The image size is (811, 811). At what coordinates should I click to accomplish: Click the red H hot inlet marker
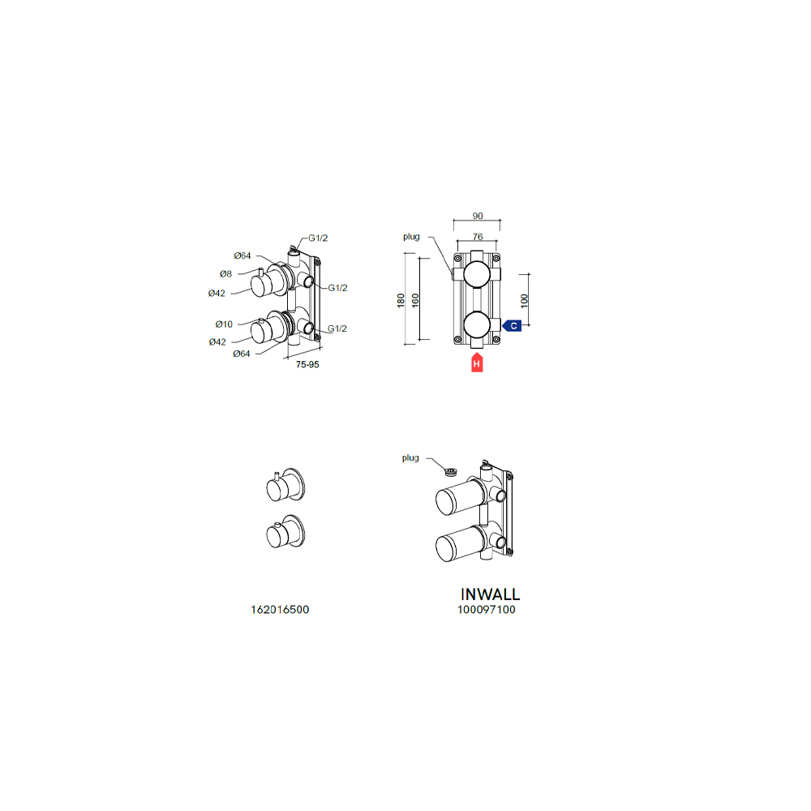pos(477,363)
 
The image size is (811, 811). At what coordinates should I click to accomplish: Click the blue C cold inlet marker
pos(512,326)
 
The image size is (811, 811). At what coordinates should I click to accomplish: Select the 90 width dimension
pos(478,216)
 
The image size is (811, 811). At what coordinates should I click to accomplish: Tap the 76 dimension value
pos(478,236)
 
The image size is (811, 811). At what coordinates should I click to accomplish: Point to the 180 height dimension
pos(401,301)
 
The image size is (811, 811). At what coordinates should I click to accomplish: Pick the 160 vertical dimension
pos(415,301)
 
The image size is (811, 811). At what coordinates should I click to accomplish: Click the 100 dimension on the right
pos(525,301)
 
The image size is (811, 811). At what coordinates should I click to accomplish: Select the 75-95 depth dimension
pos(307,365)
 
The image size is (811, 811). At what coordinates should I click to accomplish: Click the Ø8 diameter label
pos(225,273)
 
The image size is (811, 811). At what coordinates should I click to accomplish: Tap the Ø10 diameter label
pos(224,324)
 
